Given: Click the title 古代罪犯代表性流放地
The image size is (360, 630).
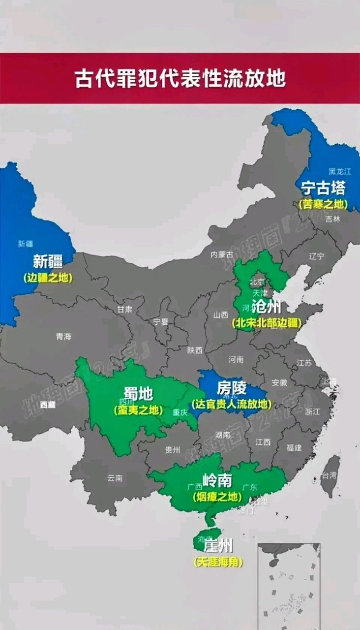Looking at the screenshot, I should (x=180, y=78).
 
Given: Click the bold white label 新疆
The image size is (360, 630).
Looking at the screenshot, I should (x=47, y=261).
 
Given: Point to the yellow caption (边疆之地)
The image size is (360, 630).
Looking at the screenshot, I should (x=48, y=278).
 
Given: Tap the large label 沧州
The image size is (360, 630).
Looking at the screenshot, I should (x=266, y=307).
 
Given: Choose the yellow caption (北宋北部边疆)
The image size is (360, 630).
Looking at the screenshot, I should (x=266, y=323).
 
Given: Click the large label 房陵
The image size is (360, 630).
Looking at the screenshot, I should (x=231, y=388).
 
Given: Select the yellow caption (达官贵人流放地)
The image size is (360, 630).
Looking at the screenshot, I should (x=231, y=404).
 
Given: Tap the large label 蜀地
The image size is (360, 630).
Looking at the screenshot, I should (x=138, y=394).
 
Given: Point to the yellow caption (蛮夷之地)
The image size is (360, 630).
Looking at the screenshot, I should (x=138, y=409).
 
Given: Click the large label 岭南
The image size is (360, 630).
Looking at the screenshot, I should (x=217, y=480).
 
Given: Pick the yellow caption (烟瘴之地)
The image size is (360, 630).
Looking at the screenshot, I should (x=217, y=496).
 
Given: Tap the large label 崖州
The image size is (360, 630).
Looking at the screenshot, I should (x=218, y=546).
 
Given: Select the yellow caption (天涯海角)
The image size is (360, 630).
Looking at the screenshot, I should (x=218, y=562).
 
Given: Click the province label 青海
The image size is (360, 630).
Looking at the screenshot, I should (x=63, y=337).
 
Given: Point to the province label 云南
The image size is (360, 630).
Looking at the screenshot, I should (x=115, y=477).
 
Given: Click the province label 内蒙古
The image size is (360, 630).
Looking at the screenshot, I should (x=220, y=254).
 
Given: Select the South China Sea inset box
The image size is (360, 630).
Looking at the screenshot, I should (x=289, y=586).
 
